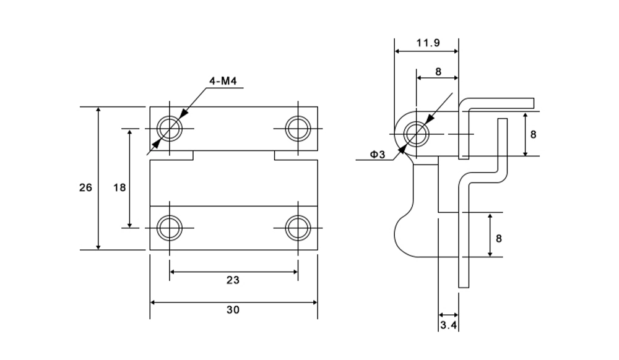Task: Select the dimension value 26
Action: [x=85, y=187]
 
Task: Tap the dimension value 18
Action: [x=119, y=187]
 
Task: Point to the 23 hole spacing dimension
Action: [x=232, y=280]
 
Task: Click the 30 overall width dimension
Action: [x=233, y=310]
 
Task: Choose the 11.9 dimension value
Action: [x=428, y=43]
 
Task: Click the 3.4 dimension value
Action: [x=448, y=324]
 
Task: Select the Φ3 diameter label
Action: [x=378, y=155]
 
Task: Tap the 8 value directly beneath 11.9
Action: [x=438, y=72]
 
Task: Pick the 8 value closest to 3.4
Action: [x=498, y=238]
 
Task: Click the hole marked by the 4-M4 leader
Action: [x=169, y=129]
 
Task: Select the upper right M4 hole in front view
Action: [x=298, y=129]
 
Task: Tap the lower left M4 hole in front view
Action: [x=169, y=228]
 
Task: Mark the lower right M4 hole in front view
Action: [x=298, y=228]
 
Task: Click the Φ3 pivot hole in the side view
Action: [x=417, y=133]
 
